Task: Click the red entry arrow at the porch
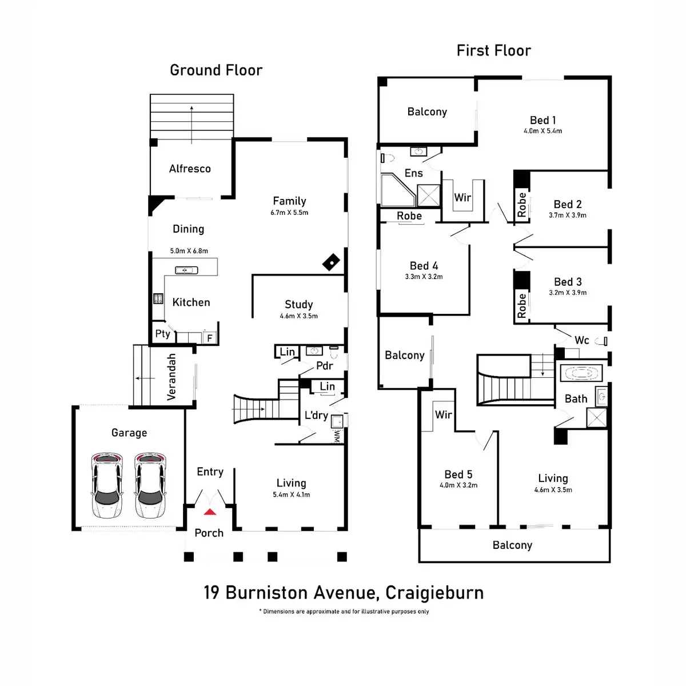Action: point(210,512)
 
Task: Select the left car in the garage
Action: point(107,485)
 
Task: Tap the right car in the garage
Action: point(150,485)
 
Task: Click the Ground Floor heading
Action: point(216,70)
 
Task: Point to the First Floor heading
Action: point(494,50)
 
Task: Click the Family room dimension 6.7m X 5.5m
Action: point(289,213)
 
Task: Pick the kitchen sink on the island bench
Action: point(186,270)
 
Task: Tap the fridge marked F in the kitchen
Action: point(210,337)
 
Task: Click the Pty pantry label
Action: point(163,334)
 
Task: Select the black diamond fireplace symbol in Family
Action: point(331,262)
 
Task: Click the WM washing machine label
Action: point(337,436)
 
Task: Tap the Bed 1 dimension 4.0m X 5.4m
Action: point(543,131)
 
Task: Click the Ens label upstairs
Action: point(414,173)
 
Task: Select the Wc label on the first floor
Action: point(582,340)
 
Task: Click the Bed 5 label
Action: point(458,474)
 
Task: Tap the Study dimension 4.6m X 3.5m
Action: point(298,316)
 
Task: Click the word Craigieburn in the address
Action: point(434,593)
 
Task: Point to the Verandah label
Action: point(171,377)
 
